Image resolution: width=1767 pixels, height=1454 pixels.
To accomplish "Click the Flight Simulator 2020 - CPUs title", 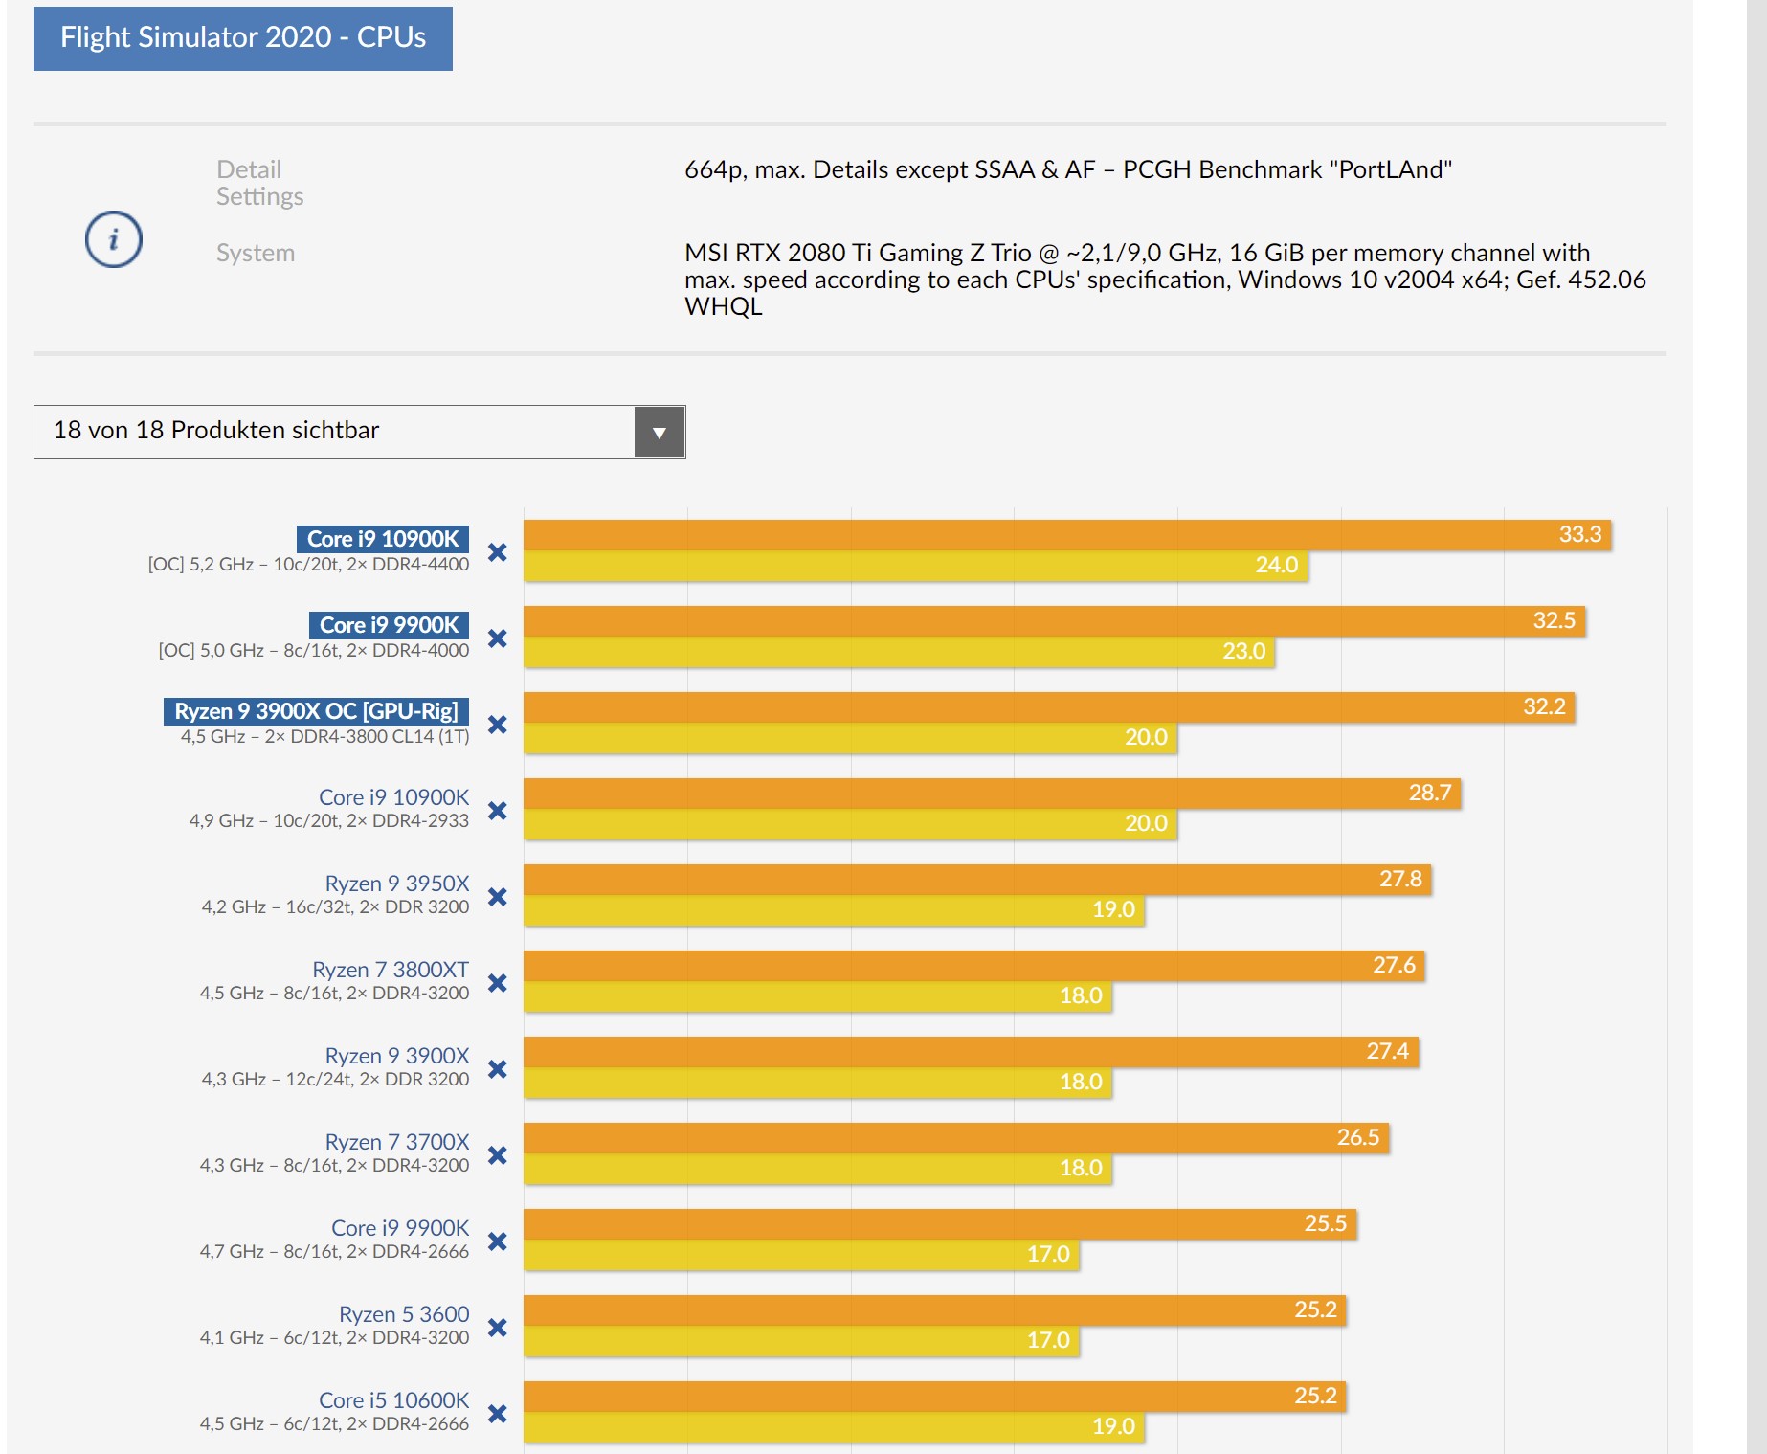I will [x=242, y=37].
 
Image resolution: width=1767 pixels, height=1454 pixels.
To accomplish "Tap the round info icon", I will [x=114, y=239].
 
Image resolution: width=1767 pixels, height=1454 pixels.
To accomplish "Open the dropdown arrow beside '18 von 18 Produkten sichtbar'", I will [x=659, y=432].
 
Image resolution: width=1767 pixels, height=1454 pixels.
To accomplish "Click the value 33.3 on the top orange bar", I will [x=1579, y=534].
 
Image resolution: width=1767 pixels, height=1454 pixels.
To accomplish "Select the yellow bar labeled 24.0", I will [x=915, y=566].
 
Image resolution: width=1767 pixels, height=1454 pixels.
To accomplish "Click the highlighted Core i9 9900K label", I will [x=389, y=625].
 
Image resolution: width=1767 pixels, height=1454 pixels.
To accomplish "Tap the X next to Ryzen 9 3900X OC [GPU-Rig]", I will [x=498, y=725].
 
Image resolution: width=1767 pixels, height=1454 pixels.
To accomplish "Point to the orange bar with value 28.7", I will [x=991, y=793].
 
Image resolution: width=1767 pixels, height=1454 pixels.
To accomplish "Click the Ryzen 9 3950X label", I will [x=397, y=884].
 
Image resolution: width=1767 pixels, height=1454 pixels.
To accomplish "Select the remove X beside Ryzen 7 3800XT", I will [x=498, y=983].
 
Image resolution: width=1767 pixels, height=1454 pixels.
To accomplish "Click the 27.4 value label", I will [x=1387, y=1051].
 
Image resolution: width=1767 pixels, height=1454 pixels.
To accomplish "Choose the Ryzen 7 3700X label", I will [x=397, y=1142].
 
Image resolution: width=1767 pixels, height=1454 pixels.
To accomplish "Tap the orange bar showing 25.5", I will [x=939, y=1223].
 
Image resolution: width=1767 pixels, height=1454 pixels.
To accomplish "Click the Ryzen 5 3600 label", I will [x=404, y=1314].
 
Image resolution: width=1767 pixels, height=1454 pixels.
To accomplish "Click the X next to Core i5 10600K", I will [x=498, y=1414].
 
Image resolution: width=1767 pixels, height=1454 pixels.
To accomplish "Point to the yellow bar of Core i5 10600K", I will [x=833, y=1427].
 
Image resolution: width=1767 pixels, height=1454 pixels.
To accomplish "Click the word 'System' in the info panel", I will [x=256, y=253].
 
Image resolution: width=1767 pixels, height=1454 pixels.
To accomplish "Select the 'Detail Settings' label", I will [x=259, y=183].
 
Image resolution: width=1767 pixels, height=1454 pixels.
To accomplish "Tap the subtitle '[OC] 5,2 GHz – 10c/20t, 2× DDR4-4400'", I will [x=308, y=564].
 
